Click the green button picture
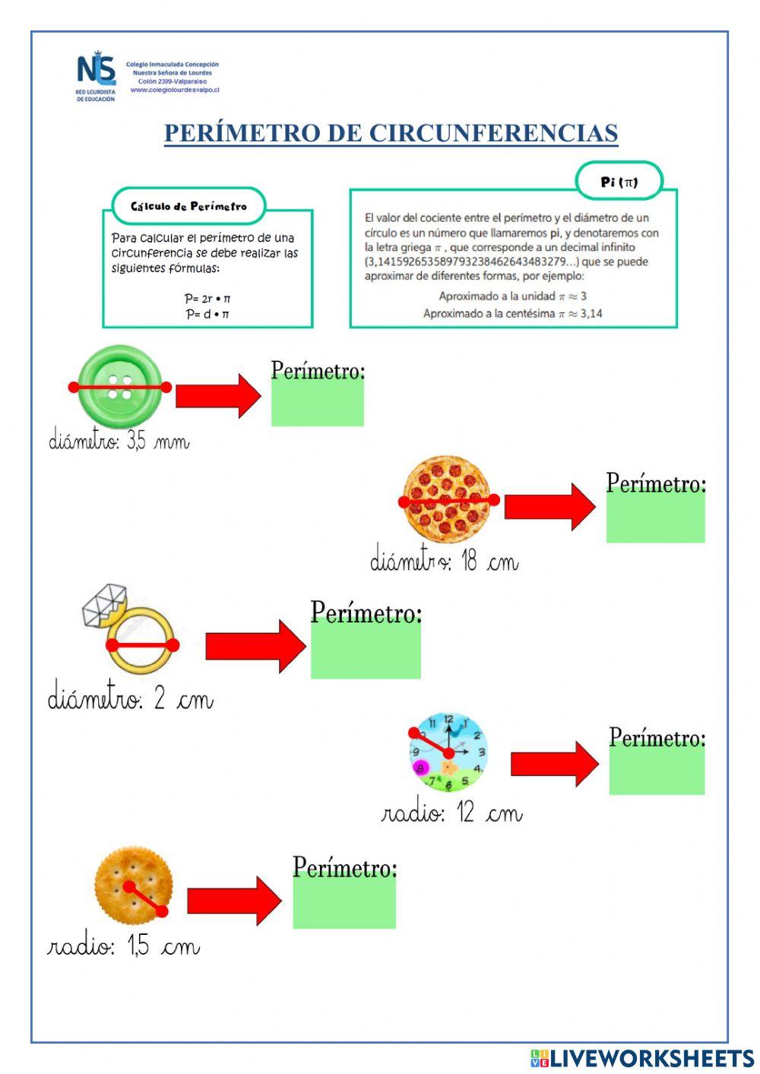120,386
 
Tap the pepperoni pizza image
447,499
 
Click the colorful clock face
448,752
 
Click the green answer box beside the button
318,402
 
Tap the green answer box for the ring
366,651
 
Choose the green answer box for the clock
657,771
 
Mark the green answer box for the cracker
344,903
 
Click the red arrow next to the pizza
549,506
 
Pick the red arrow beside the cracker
233,901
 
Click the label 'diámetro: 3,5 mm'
119,441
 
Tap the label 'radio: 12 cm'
451,813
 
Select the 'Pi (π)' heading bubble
619,182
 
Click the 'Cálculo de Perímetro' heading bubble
188,206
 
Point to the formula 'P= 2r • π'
207,299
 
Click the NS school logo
96,75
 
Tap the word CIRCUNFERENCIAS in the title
493,133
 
